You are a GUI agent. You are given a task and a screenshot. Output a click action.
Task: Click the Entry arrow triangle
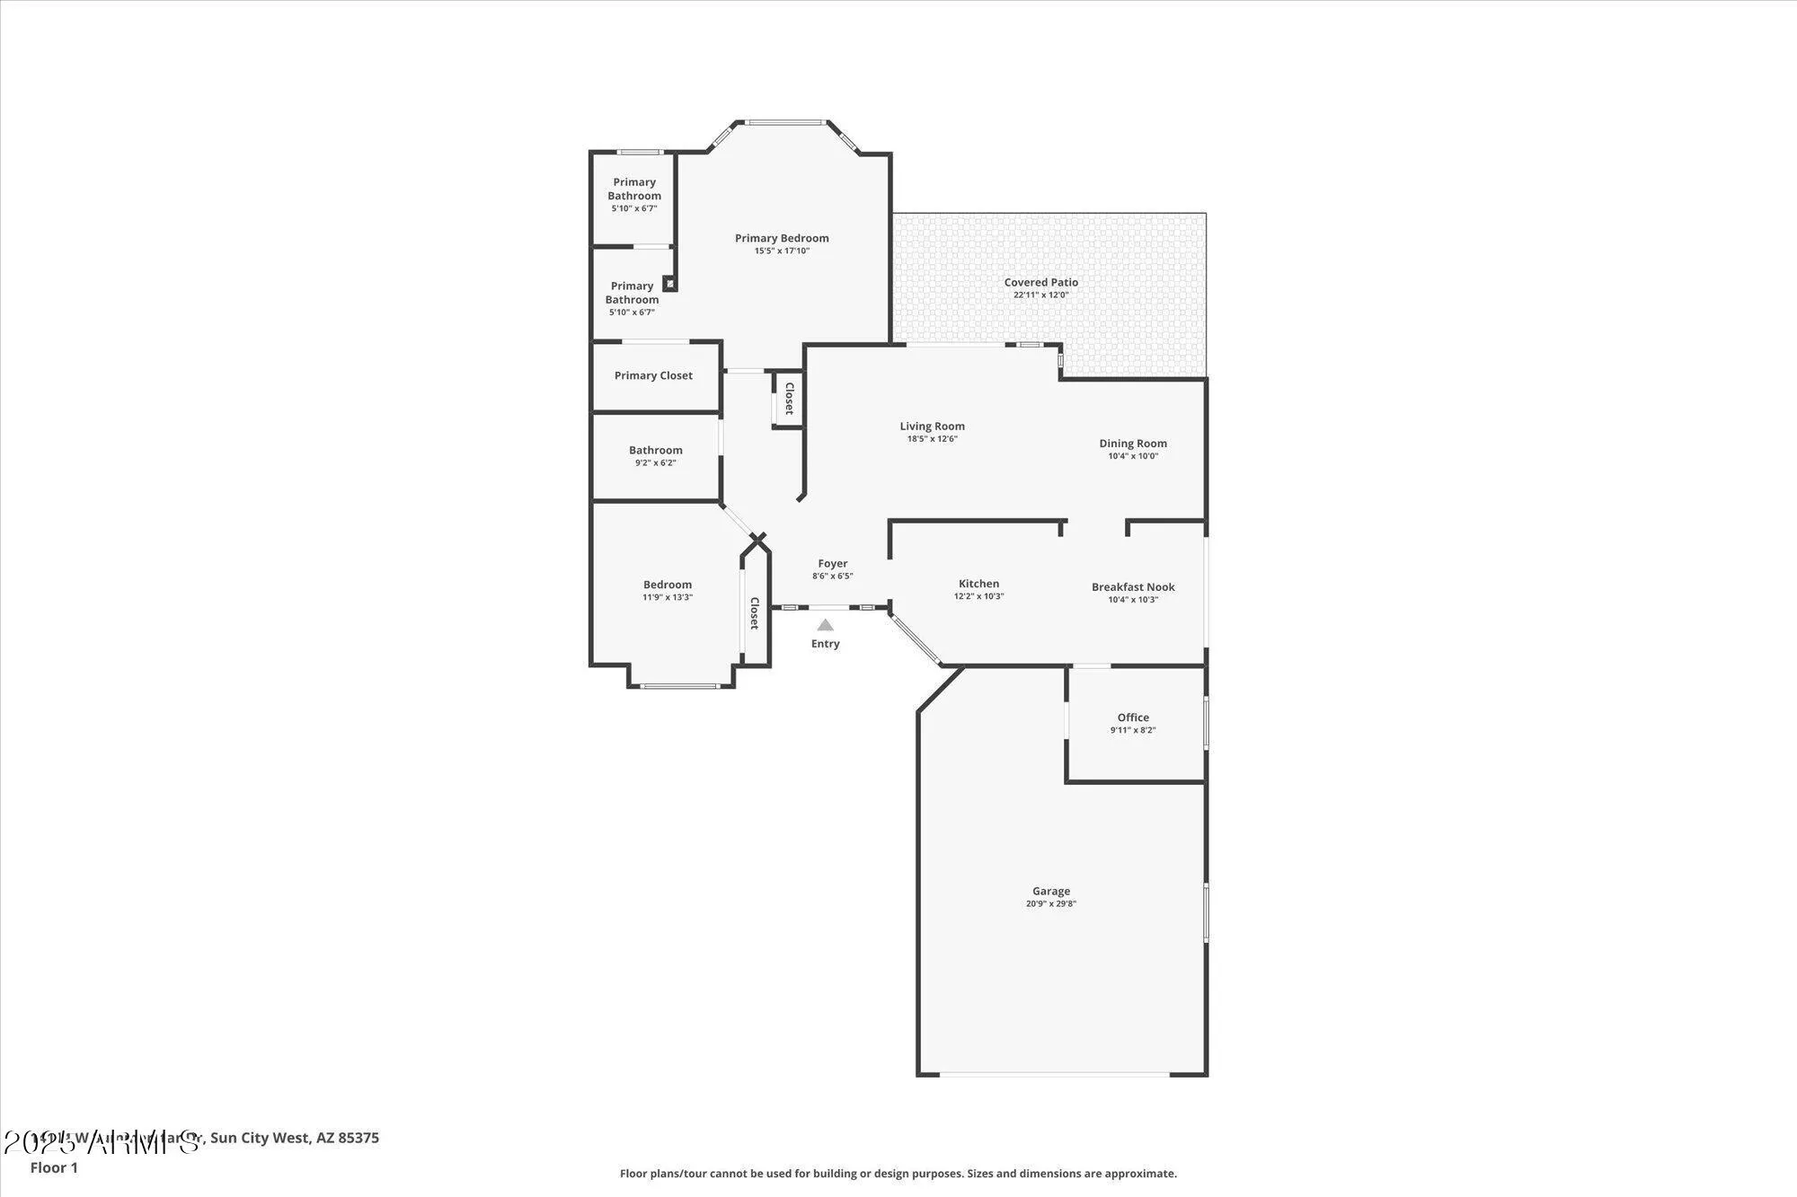click(x=825, y=625)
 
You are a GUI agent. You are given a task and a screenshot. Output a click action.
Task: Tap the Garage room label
click(x=1050, y=892)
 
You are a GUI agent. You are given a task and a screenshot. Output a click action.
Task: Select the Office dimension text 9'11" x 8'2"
click(x=1133, y=730)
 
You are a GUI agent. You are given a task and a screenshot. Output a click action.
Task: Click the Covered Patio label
click(x=1040, y=282)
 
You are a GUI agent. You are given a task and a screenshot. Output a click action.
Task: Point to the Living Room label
click(x=932, y=427)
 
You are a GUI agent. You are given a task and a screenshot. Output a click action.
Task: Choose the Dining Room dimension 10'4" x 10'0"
click(x=1133, y=456)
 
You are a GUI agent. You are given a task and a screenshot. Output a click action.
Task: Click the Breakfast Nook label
click(x=1133, y=587)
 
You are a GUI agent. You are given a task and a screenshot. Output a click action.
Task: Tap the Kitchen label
click(x=978, y=584)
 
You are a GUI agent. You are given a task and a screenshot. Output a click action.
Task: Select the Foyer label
click(x=832, y=564)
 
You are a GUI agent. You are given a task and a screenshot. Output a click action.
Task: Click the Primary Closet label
click(x=653, y=375)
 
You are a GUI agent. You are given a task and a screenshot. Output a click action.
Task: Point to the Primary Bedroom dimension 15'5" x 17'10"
click(x=782, y=251)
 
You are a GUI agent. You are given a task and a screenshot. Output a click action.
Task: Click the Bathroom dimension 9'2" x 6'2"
click(x=655, y=463)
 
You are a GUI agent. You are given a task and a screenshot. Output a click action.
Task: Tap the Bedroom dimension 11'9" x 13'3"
click(x=667, y=597)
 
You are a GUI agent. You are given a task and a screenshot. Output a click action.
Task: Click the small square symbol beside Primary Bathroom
click(x=669, y=284)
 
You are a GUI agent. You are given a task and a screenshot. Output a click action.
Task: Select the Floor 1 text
click(x=54, y=1167)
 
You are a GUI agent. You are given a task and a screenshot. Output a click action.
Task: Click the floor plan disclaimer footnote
click(x=898, y=1174)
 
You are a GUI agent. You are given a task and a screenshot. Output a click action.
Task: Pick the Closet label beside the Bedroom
click(x=755, y=613)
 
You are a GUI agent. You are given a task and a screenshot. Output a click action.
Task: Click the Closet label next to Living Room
click(x=789, y=399)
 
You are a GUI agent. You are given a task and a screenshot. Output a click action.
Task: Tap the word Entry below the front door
click(x=825, y=644)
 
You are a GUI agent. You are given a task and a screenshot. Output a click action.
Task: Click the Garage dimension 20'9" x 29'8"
click(x=1050, y=904)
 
